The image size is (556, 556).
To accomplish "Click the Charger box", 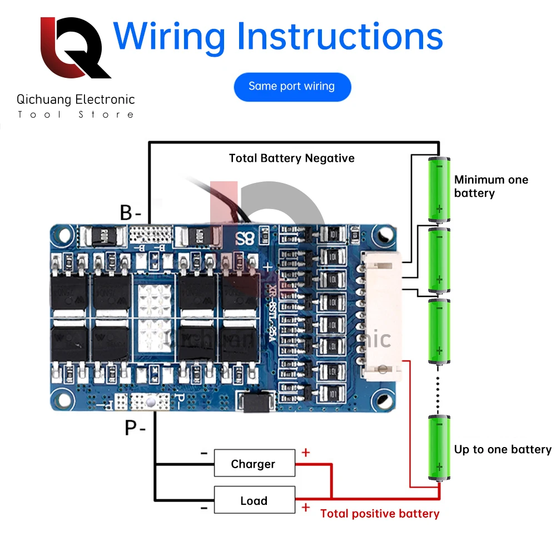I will (x=254, y=464).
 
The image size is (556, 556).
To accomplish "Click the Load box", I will (x=254, y=500).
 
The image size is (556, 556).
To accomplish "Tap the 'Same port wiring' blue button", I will (x=292, y=87).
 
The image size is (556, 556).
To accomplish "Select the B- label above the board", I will (x=131, y=212).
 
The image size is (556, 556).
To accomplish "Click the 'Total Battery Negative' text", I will (x=291, y=158).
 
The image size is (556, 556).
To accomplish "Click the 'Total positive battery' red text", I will (x=380, y=514).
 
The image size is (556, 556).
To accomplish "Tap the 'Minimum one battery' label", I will (x=491, y=186).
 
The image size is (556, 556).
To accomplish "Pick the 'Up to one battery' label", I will (x=503, y=449).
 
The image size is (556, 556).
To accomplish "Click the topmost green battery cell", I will (x=439, y=189).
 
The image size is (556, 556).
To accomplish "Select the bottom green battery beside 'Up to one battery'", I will (x=439, y=448).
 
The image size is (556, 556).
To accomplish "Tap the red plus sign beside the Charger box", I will (x=305, y=453).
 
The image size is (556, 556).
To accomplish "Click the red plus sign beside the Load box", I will (x=305, y=507).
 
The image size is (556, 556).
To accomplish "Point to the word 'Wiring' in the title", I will (x=169, y=36).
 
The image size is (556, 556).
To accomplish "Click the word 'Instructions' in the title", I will (x=340, y=36).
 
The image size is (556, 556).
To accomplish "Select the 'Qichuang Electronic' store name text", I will (x=76, y=100).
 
